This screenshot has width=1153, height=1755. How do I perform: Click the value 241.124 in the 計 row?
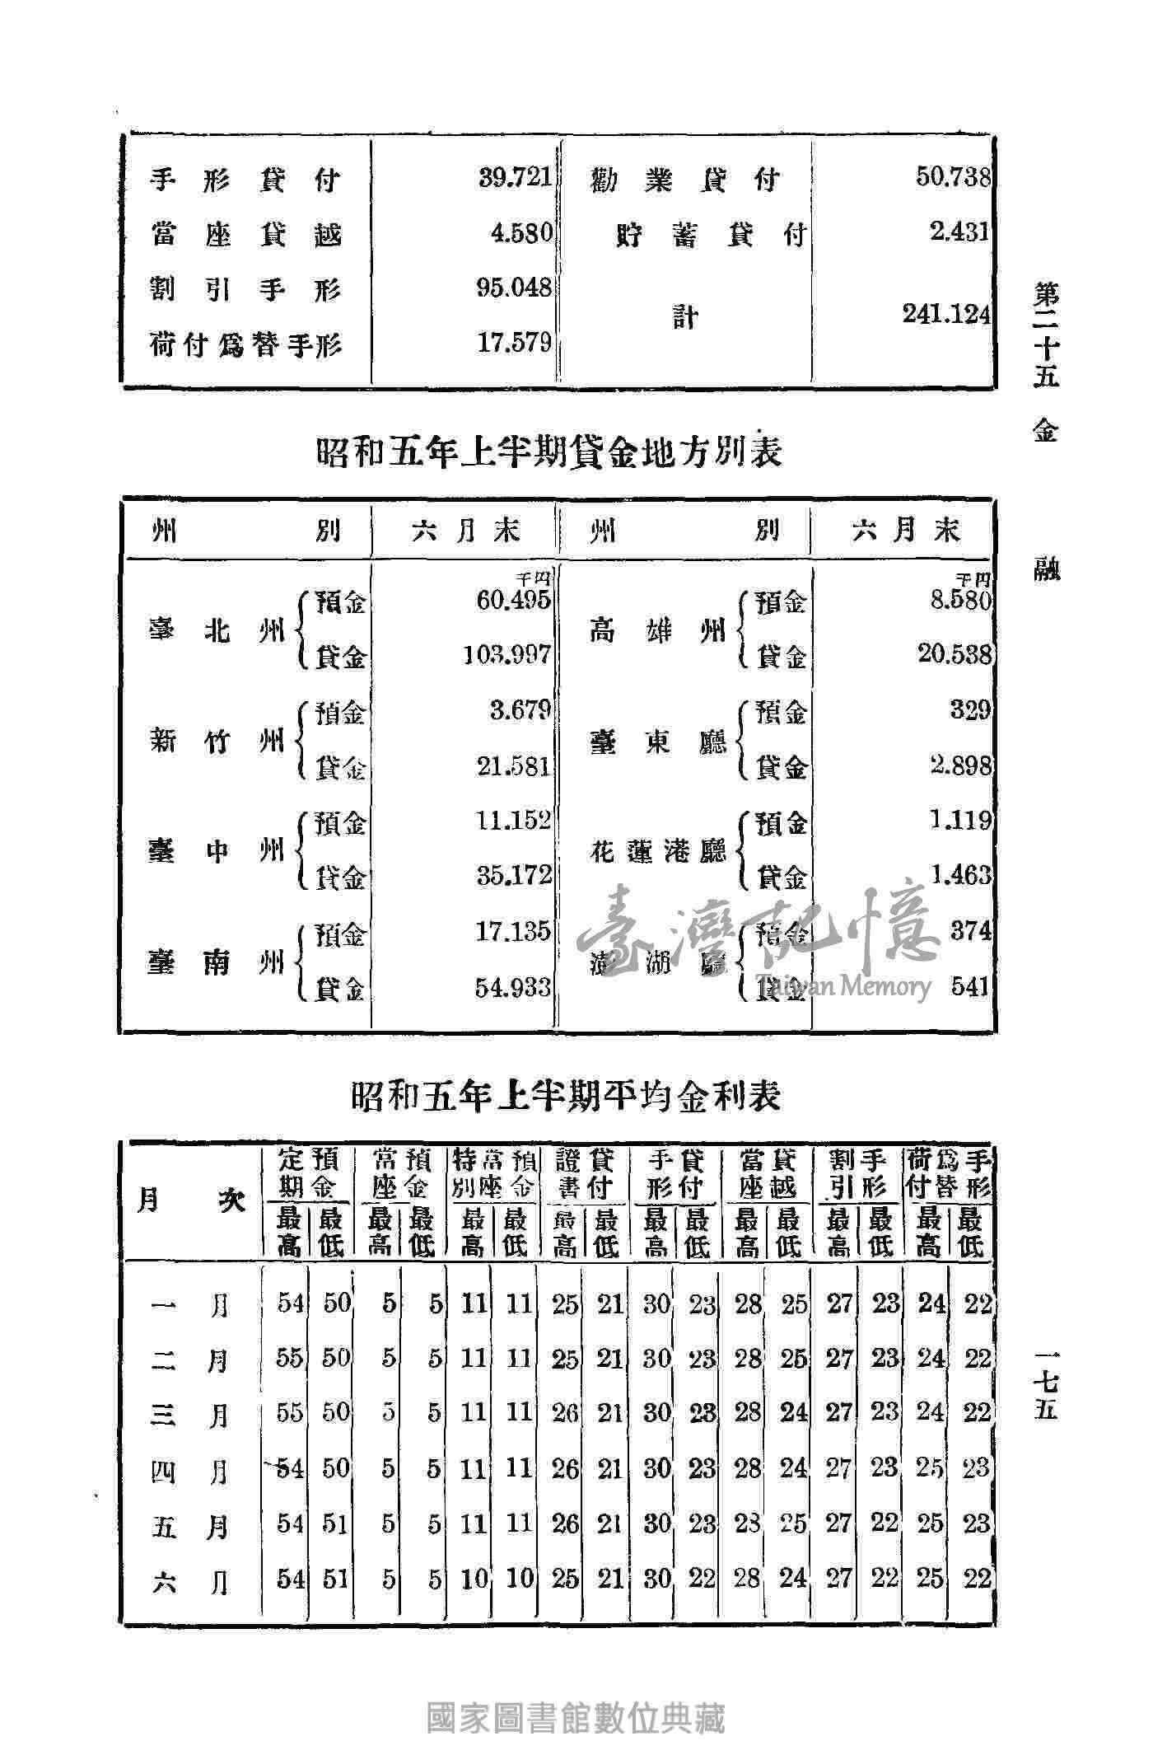[x=946, y=315]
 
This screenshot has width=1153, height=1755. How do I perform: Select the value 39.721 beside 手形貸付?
[x=515, y=178]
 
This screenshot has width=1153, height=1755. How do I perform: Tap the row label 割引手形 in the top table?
[x=245, y=288]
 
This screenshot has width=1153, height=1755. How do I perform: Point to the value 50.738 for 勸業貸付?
[x=953, y=177]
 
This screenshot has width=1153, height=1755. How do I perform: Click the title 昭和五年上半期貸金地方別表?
[x=548, y=452]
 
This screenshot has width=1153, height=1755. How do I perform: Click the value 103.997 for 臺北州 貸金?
[x=506, y=655]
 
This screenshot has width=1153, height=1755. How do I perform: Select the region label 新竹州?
[x=217, y=740]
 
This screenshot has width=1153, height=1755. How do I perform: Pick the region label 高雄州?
[x=656, y=631]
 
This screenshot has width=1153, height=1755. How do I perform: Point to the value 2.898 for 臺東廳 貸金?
[x=960, y=765]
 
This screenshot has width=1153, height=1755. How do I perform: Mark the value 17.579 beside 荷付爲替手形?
[x=514, y=342]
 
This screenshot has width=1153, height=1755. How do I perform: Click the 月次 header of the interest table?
[x=190, y=1200]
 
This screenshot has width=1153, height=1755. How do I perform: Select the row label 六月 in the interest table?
[x=190, y=1579]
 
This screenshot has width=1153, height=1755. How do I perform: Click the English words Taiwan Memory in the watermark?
[x=843, y=985]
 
